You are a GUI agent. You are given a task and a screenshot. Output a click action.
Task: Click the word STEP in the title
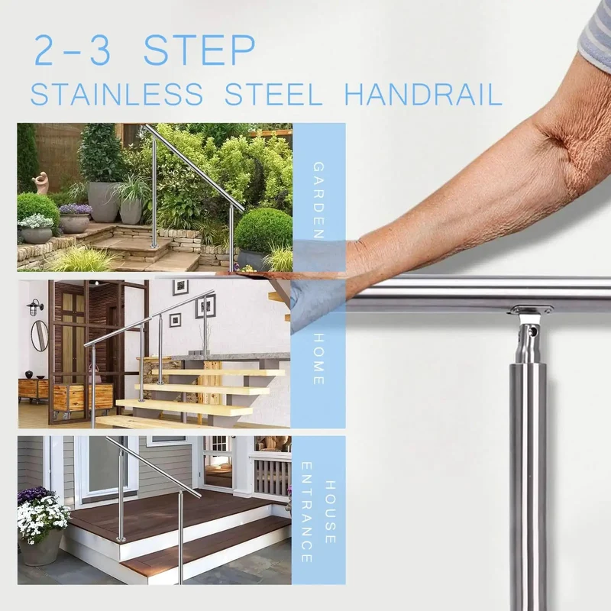click(x=199, y=50)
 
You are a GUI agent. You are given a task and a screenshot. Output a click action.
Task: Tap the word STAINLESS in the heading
click(x=117, y=94)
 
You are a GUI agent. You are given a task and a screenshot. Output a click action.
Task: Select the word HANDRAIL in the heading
click(x=423, y=94)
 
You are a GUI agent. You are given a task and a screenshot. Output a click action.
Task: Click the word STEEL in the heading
click(x=273, y=94)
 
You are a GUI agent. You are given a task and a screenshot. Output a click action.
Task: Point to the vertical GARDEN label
click(x=318, y=200)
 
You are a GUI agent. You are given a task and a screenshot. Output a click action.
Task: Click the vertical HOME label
click(x=318, y=359)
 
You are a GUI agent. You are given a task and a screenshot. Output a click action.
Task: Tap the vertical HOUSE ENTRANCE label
click(x=318, y=512)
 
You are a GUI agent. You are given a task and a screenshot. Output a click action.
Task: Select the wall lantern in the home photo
click(x=35, y=308)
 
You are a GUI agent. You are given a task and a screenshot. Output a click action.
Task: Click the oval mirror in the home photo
click(x=39, y=335)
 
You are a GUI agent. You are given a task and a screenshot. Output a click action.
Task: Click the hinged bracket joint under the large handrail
click(x=529, y=332)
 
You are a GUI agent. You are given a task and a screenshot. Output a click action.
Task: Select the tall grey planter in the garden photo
click(x=102, y=202)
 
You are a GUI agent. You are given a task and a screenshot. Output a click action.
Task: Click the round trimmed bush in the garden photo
click(x=264, y=231)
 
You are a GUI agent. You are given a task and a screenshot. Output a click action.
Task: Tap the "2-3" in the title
click(x=73, y=50)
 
